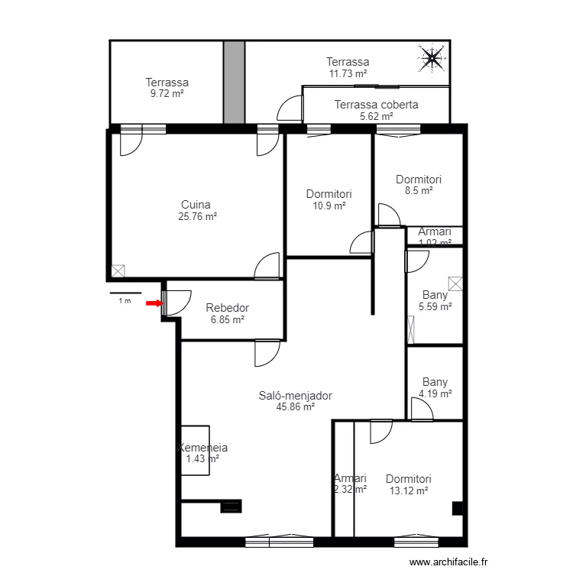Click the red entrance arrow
click(x=154, y=303)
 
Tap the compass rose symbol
click(x=432, y=58)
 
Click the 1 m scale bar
click(x=125, y=293)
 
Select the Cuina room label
click(x=196, y=204)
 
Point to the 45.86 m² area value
click(x=296, y=407)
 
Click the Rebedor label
click(x=227, y=308)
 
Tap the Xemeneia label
click(x=202, y=448)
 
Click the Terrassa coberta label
click(x=376, y=105)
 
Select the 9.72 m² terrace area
click(x=167, y=93)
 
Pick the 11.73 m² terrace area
click(x=348, y=73)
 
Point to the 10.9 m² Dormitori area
click(x=329, y=206)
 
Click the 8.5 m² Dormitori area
click(x=418, y=191)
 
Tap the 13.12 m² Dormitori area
click(x=408, y=490)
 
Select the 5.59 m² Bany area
click(x=435, y=306)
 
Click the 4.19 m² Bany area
click(x=435, y=394)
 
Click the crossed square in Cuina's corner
click(x=118, y=270)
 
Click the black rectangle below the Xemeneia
click(x=230, y=506)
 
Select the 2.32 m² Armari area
click(x=350, y=490)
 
